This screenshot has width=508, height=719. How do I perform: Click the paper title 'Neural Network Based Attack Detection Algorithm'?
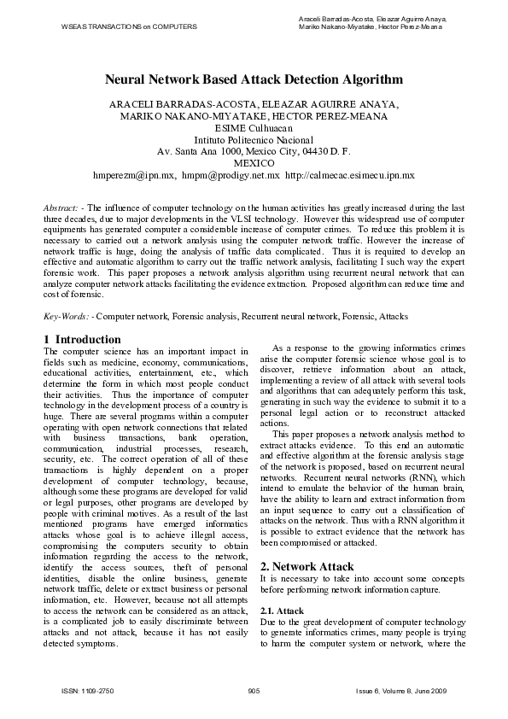coord(254,79)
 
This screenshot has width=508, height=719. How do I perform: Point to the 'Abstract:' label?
coord(63,208)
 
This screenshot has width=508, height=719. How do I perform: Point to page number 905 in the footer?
coord(253,689)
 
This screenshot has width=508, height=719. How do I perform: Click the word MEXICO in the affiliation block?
coord(254,162)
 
